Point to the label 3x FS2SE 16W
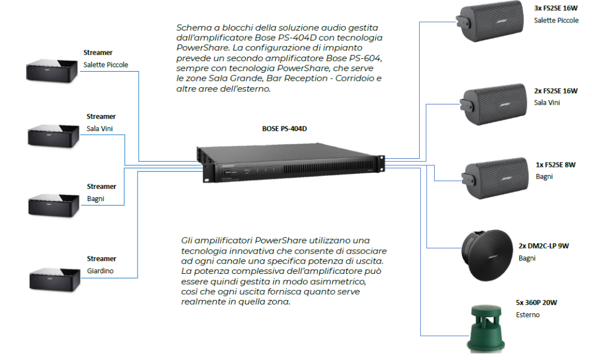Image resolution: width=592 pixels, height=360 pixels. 556,9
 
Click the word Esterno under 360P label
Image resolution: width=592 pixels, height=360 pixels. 527,315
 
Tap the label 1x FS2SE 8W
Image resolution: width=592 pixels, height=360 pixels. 556,165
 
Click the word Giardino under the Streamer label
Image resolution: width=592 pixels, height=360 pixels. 99,270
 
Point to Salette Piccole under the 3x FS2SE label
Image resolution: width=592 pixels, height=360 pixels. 556,21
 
